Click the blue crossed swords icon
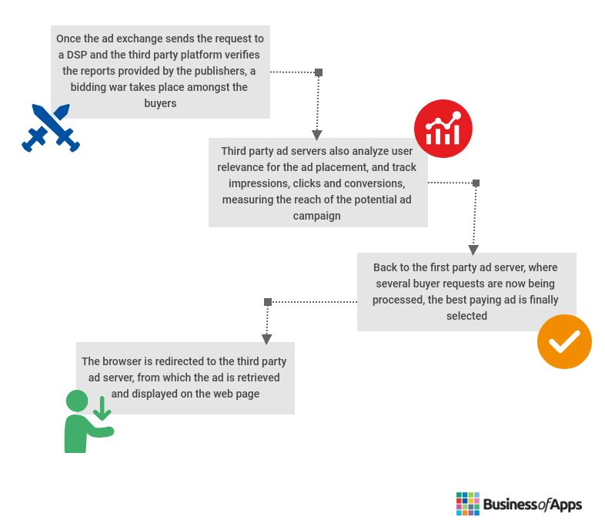click(x=51, y=128)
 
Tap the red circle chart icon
click(x=443, y=129)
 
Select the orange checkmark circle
click(x=564, y=341)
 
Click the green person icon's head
click(x=77, y=401)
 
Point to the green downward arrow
click(x=102, y=408)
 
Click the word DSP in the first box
click(x=77, y=55)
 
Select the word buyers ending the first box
click(x=160, y=103)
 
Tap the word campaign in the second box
click(x=317, y=216)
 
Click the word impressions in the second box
click(x=258, y=183)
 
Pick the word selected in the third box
click(x=466, y=316)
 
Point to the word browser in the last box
click(x=122, y=361)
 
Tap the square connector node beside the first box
click(x=319, y=72)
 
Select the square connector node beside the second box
click(x=476, y=183)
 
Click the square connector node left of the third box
click(x=268, y=302)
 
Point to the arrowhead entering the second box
click(x=317, y=135)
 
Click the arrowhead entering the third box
click(x=473, y=250)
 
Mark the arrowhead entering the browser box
click(x=266, y=339)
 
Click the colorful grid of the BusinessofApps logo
click(x=468, y=504)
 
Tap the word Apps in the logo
click(x=566, y=505)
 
